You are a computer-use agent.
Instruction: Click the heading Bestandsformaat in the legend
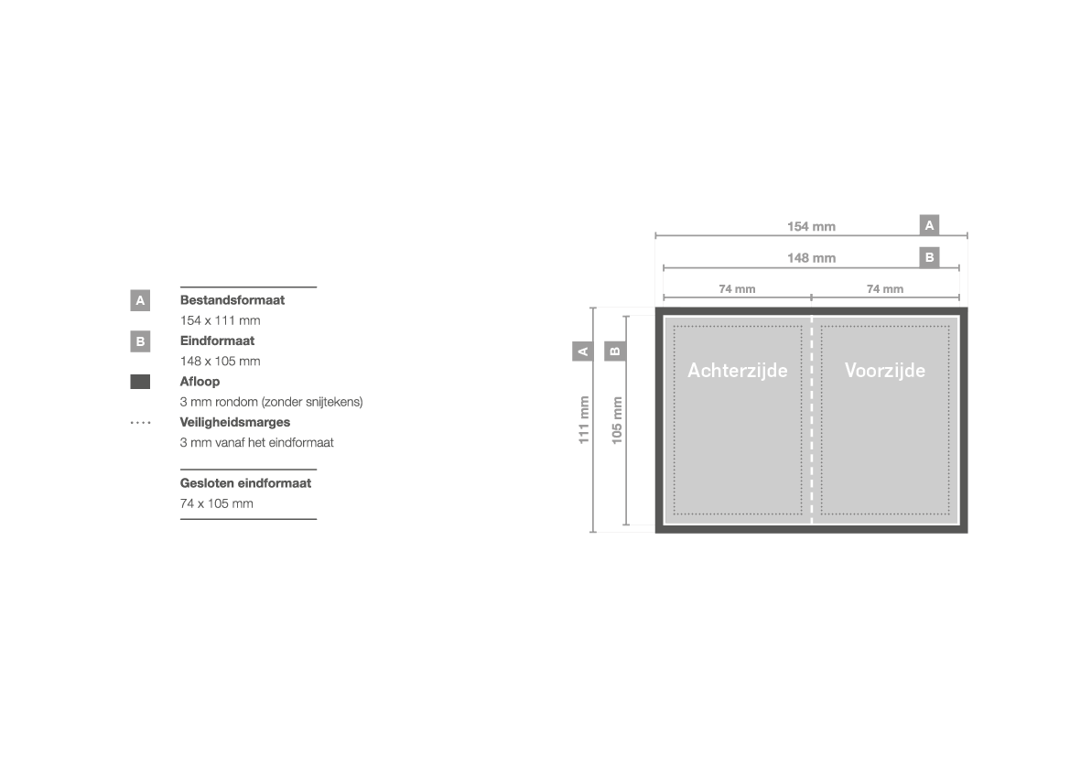click(x=232, y=300)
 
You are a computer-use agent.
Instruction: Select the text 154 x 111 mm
click(x=220, y=320)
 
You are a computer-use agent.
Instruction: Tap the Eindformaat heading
click(x=217, y=341)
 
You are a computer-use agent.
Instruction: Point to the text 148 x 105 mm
click(x=220, y=361)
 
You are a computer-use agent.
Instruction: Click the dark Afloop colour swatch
click(x=140, y=382)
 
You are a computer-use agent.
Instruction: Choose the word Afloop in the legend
click(x=200, y=382)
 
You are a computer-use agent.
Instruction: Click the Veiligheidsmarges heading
click(x=234, y=423)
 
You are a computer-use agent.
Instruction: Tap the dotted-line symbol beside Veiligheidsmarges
click(x=141, y=423)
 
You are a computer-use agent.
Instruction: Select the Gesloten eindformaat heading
click(x=245, y=483)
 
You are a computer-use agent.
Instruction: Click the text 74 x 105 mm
click(x=216, y=503)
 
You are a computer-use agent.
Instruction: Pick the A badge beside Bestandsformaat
click(x=140, y=300)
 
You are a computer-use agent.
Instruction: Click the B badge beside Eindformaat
click(x=140, y=341)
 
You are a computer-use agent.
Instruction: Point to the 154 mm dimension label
click(x=811, y=227)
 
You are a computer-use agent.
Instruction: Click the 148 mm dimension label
click(x=811, y=258)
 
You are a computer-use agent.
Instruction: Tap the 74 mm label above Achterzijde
click(x=737, y=289)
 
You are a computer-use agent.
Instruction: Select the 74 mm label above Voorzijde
click(x=885, y=289)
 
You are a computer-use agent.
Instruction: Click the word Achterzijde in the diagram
click(x=738, y=371)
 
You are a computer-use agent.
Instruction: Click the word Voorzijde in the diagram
click(x=885, y=371)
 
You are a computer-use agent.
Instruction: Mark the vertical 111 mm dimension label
click(x=583, y=420)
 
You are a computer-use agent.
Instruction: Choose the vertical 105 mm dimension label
click(x=617, y=420)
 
